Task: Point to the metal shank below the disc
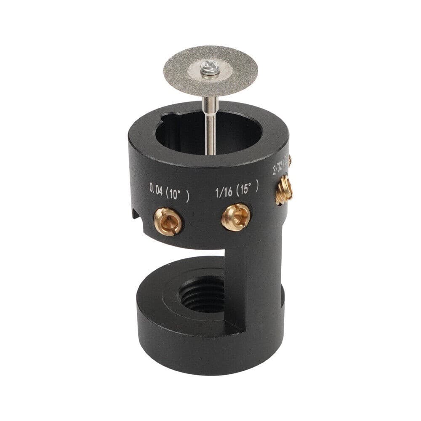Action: pos(210,122)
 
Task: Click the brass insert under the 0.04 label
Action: pos(168,221)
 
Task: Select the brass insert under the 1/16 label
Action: pos(236,216)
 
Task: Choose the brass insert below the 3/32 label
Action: pos(284,189)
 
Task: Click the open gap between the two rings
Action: pos(185,259)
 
